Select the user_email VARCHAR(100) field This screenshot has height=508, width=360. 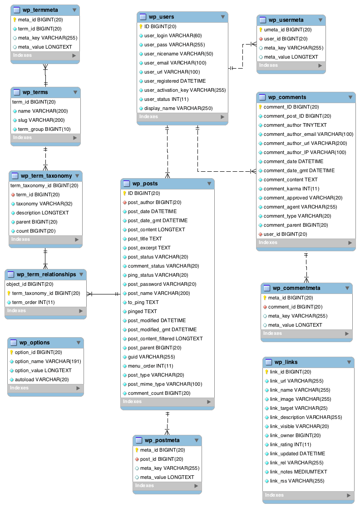click(168, 63)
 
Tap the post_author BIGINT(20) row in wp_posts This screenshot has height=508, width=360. click(154, 202)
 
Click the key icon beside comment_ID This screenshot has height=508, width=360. click(261, 107)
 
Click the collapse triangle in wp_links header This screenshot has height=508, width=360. click(349, 362)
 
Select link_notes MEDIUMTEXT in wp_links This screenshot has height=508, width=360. click(298, 472)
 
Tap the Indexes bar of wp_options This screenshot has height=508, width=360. click(45, 388)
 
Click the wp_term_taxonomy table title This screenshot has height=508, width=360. click(46, 176)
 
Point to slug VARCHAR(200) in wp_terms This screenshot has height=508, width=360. click(41, 120)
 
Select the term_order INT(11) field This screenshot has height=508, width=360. click(33, 302)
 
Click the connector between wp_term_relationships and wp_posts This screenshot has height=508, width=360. click(104, 294)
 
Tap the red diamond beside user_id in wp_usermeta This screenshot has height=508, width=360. click(261, 39)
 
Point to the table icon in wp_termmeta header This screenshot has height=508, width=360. click(16, 10)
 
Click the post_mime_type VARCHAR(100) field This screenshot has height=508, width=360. click(165, 384)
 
